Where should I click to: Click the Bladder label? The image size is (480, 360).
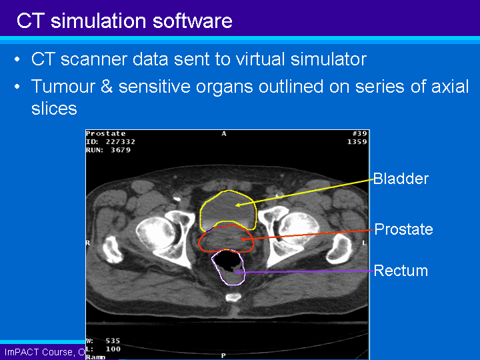pyautogui.click(x=401, y=179)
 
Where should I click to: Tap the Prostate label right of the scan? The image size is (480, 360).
pyautogui.click(x=403, y=230)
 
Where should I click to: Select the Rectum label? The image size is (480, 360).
pyautogui.click(x=401, y=271)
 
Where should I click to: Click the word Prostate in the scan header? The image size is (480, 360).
pyautogui.click(x=106, y=134)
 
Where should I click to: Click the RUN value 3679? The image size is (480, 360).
pyautogui.click(x=121, y=150)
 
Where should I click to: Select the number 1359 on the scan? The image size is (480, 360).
pyautogui.click(x=357, y=142)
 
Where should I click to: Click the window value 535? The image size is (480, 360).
pyautogui.click(x=113, y=341)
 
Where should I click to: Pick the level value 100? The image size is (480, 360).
pyautogui.click(x=113, y=349)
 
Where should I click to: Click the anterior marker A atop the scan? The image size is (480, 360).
pyautogui.click(x=224, y=134)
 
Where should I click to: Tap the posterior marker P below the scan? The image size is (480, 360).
pyautogui.click(x=223, y=356)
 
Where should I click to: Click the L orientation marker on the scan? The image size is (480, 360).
pyautogui.click(x=364, y=243)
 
